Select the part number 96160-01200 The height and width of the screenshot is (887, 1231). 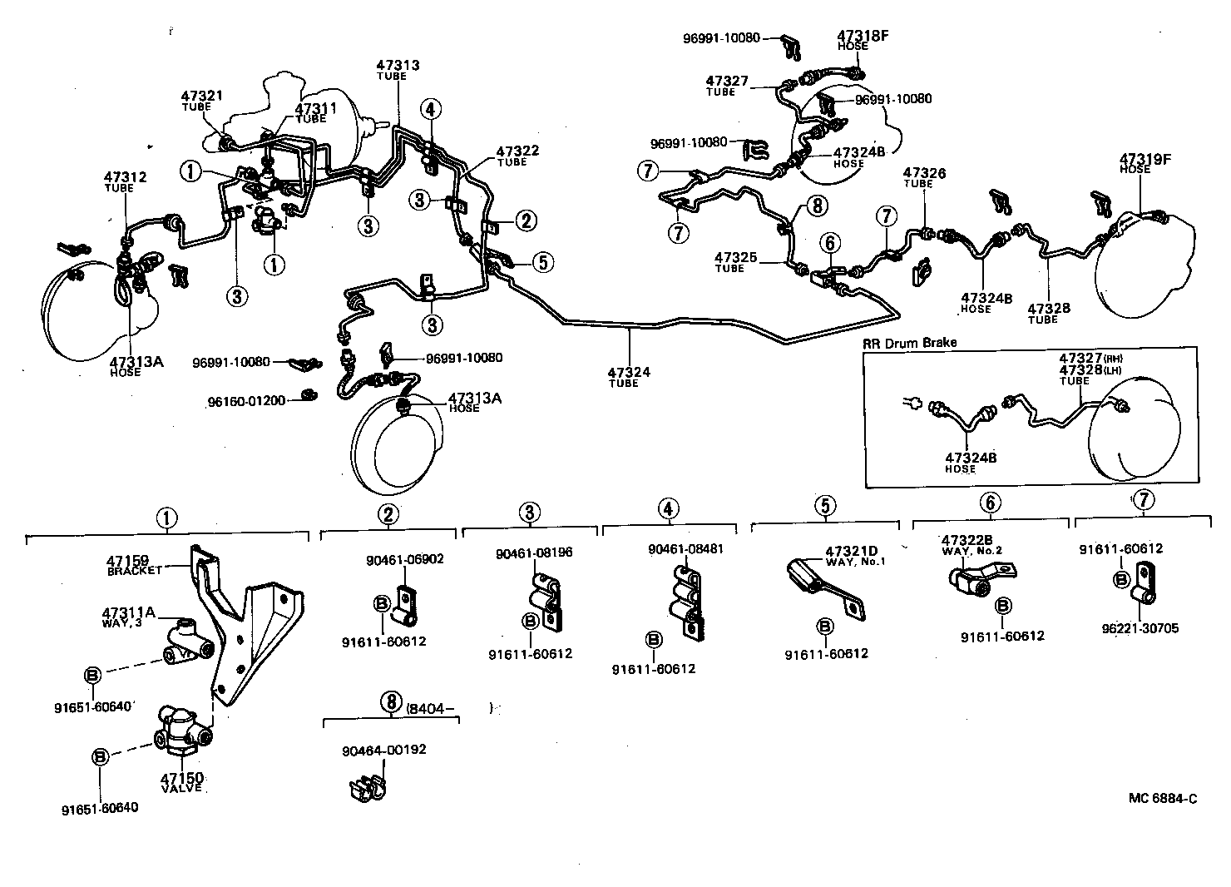point(246,401)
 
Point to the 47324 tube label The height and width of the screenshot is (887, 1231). point(629,372)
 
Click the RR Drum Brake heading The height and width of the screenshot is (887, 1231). point(910,342)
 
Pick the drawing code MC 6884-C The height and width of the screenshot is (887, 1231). point(1163,798)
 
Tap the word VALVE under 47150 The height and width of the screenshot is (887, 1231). point(180,788)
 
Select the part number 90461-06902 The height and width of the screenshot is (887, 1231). point(404,559)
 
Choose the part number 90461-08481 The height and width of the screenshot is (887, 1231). point(685,549)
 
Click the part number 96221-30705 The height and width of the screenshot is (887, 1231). point(1140,628)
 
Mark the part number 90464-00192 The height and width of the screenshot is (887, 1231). point(383,749)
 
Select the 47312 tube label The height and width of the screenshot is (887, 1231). point(125,177)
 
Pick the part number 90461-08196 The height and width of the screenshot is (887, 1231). point(534,553)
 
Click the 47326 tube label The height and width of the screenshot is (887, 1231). point(925,174)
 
